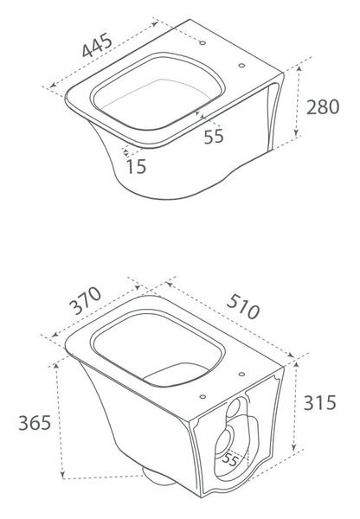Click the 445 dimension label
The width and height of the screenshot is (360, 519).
click(98, 45)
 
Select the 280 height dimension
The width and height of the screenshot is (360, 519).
click(323, 107)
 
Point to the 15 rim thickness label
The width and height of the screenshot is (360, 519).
click(136, 166)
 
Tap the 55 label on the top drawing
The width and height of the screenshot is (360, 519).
click(214, 137)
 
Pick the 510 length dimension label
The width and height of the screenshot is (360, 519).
click(243, 307)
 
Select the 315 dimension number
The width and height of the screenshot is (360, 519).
click(320, 403)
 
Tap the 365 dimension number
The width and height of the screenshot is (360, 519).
click(35, 423)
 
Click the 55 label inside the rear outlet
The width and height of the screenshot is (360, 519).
click(230, 459)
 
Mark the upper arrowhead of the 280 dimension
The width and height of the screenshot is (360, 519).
click(299, 69)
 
